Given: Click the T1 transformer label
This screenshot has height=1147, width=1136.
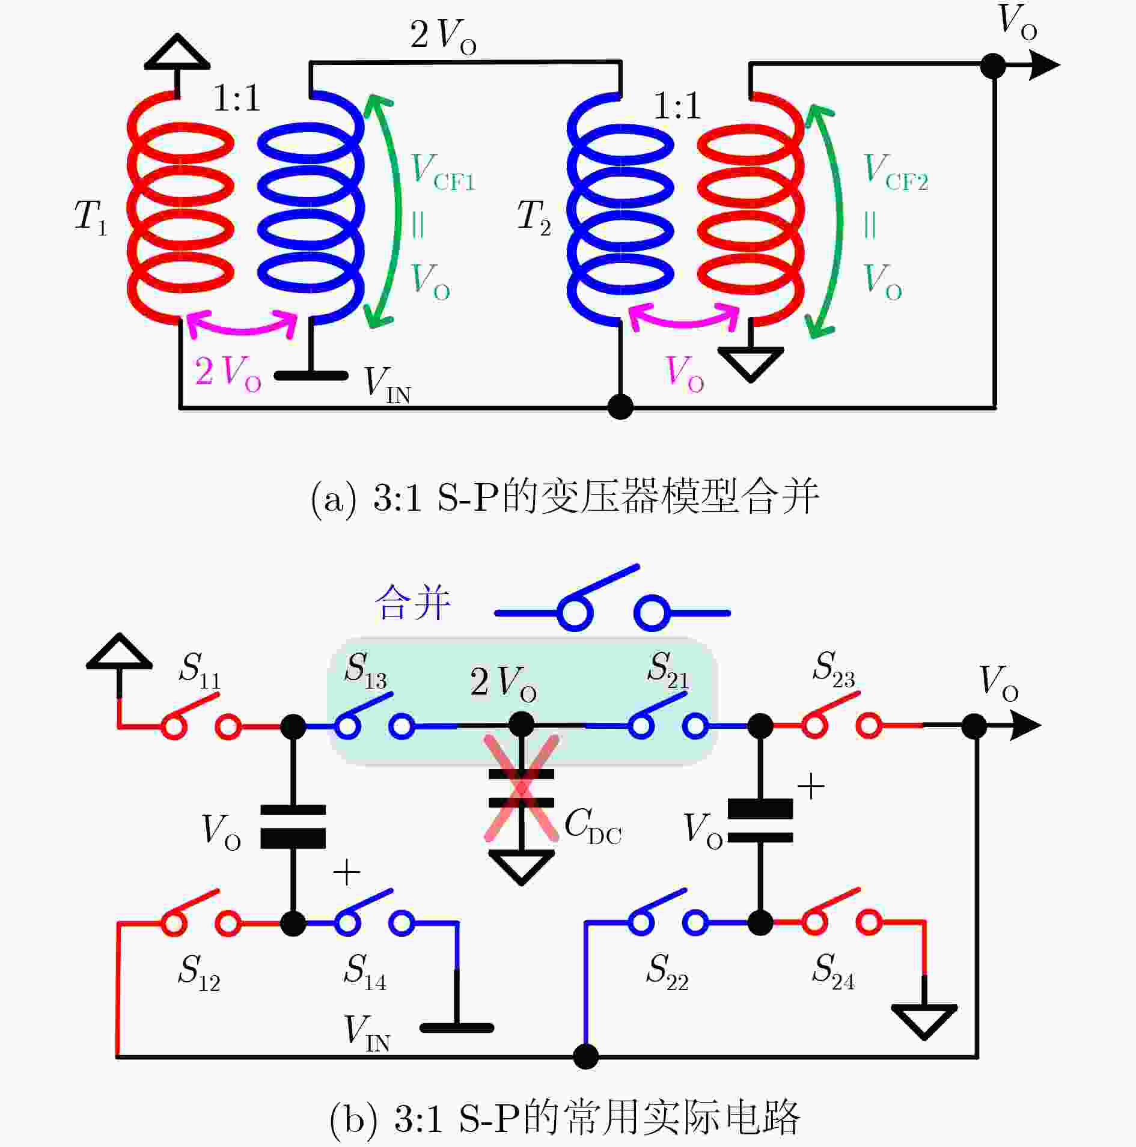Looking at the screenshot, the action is pyautogui.click(x=91, y=217).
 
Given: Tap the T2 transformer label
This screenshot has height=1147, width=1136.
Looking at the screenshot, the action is pyautogui.click(x=534, y=217).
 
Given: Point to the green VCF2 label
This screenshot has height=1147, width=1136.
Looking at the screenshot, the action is pyautogui.click(x=896, y=172).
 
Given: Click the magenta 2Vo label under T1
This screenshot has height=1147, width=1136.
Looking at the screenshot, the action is pyautogui.click(x=228, y=373).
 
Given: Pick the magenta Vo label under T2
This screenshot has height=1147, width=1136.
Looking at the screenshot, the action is pyautogui.click(x=685, y=373).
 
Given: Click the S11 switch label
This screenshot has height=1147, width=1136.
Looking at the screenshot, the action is pyautogui.click(x=200, y=670).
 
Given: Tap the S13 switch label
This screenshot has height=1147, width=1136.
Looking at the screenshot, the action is pyautogui.click(x=365, y=670).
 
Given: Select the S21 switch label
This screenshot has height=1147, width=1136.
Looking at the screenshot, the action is pyautogui.click(x=668, y=670).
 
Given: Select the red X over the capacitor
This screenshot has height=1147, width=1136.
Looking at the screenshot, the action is pyautogui.click(x=522, y=788).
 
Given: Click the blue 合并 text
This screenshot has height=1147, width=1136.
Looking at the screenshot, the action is pyautogui.click(x=412, y=603).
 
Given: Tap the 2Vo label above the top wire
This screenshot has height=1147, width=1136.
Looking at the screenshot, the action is pyautogui.click(x=444, y=35).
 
